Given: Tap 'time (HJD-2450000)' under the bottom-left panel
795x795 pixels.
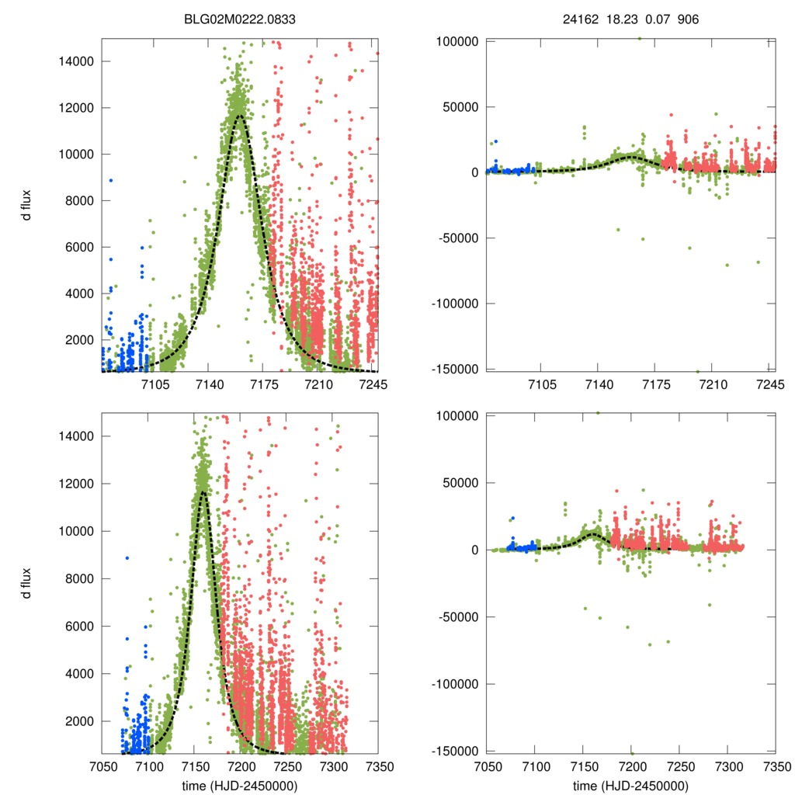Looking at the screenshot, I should click(x=240, y=786).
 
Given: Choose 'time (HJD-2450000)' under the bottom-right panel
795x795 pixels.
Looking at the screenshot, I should click(x=630, y=786).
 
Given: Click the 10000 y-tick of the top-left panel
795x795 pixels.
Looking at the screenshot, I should click(x=75, y=154).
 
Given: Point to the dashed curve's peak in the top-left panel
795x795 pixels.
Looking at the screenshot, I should click(x=241, y=116).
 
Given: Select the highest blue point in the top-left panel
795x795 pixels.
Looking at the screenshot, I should click(x=111, y=180).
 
